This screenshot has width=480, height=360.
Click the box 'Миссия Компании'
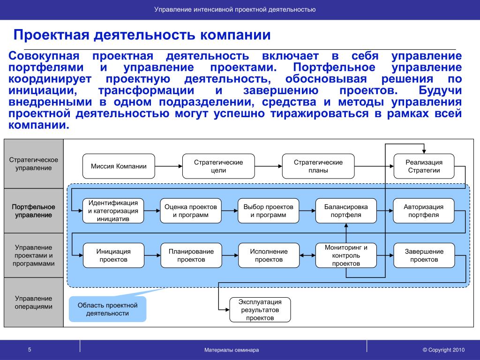119,166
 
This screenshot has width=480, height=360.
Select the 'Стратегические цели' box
218,166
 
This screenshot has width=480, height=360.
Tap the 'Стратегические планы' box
318,166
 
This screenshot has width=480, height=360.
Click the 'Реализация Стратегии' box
424,166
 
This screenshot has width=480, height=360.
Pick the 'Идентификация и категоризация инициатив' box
113,211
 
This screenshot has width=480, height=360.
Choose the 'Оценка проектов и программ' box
190,211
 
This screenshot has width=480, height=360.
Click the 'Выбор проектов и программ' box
268,211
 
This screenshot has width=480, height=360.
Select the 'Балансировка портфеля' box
346,211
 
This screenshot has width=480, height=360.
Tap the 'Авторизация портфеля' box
424,211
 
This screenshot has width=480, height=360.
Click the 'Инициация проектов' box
113,255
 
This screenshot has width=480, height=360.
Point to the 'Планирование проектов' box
191,255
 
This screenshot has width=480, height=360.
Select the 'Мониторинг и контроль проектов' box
346,255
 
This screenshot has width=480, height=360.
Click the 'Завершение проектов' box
424,255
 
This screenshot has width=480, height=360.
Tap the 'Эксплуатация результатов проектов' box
260,309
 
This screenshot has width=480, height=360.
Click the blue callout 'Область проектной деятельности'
107,309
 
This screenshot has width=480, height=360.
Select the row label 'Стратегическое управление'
33,164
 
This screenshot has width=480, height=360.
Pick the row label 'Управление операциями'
33,302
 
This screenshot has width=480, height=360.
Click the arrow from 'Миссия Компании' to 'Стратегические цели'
168,166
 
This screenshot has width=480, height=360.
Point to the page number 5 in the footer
29,350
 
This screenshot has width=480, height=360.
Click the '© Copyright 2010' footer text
443,350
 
